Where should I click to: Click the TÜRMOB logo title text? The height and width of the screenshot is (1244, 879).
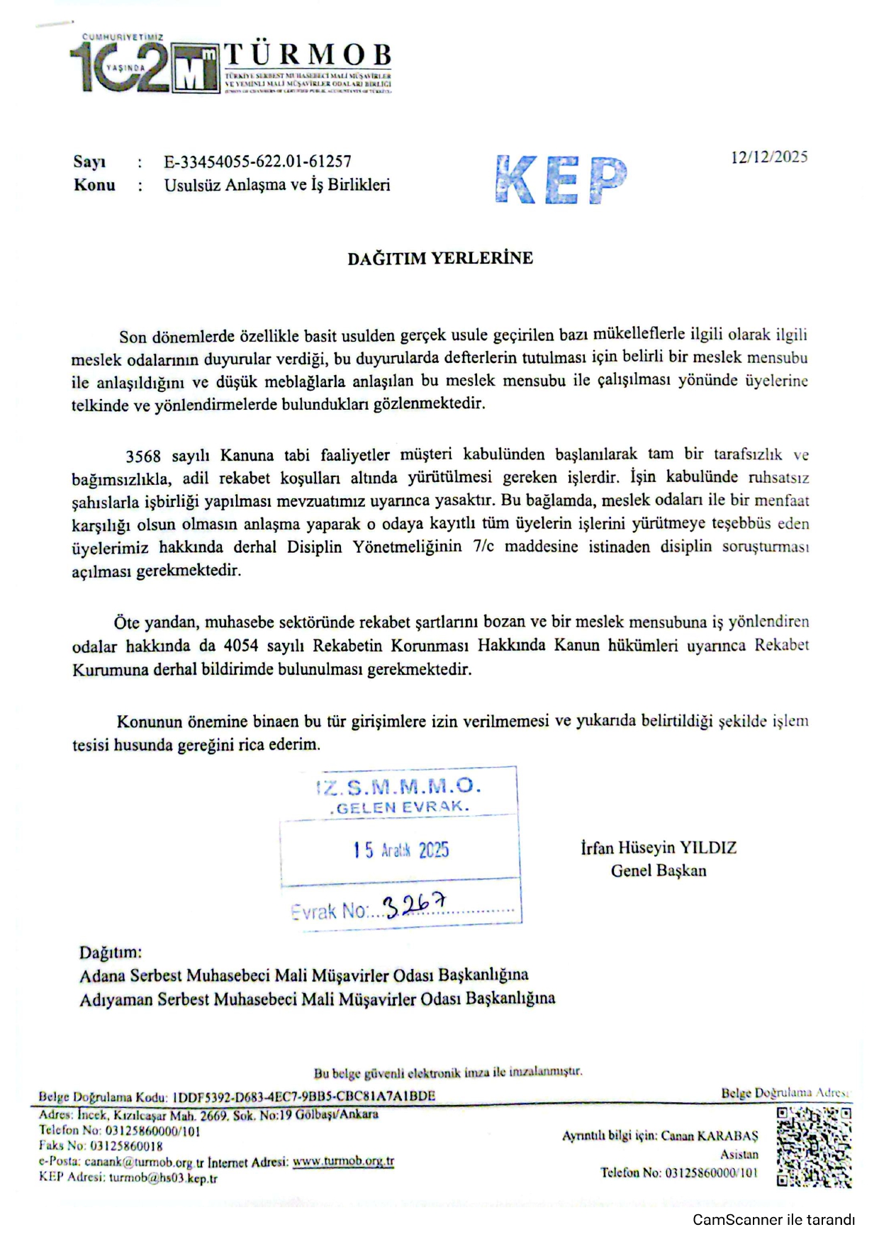pyautogui.click(x=308, y=55)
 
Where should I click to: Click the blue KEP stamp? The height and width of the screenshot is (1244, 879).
pyautogui.click(x=561, y=179)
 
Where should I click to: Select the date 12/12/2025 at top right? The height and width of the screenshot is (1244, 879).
pyautogui.click(x=769, y=157)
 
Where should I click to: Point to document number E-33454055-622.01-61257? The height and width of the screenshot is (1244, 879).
pyautogui.click(x=258, y=162)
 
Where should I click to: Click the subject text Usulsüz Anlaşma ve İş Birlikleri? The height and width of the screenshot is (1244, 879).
pyautogui.click(x=277, y=185)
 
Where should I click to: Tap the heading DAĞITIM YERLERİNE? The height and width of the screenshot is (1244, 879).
pyautogui.click(x=439, y=258)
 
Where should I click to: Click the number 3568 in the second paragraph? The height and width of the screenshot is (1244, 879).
pyautogui.click(x=143, y=455)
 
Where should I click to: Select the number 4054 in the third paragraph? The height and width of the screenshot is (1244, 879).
pyautogui.click(x=242, y=646)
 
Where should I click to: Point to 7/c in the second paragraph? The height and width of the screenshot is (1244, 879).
pyautogui.click(x=484, y=547)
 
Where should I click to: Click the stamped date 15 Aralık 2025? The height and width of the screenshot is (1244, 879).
pyautogui.click(x=401, y=850)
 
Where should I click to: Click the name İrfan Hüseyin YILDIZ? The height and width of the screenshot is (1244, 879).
pyautogui.click(x=659, y=848)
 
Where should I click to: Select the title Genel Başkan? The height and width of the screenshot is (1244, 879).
pyautogui.click(x=659, y=870)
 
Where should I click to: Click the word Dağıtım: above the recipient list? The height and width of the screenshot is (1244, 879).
pyautogui.click(x=111, y=952)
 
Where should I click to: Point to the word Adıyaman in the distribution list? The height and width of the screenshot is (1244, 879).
pyautogui.click(x=116, y=999)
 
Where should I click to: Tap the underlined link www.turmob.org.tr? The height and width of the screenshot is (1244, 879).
pyautogui.click(x=343, y=1162)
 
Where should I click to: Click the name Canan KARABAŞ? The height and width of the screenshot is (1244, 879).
pyautogui.click(x=709, y=1136)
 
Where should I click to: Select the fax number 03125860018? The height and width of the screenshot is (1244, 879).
pyautogui.click(x=124, y=1146)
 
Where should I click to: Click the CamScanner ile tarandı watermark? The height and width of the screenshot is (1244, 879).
pyautogui.click(x=773, y=1220)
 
